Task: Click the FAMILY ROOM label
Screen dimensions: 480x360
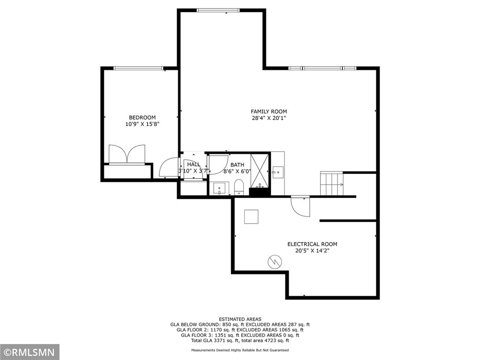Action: (x=269, y=112)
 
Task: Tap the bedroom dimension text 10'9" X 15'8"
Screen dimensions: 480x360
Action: (x=142, y=124)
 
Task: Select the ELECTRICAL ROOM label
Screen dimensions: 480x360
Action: (x=312, y=244)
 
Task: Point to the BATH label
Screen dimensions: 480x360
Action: (x=237, y=165)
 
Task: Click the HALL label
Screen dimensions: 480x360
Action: (x=194, y=165)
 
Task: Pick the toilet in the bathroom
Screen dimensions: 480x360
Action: (x=239, y=187)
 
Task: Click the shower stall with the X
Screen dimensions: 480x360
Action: (x=260, y=171)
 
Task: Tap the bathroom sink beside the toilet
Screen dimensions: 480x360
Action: (x=219, y=188)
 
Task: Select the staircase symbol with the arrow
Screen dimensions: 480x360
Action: (x=332, y=184)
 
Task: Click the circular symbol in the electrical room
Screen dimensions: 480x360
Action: (x=275, y=262)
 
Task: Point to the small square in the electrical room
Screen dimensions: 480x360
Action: (x=251, y=217)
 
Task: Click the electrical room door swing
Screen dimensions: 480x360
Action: (x=300, y=207)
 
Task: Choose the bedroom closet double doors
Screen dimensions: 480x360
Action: (x=127, y=154)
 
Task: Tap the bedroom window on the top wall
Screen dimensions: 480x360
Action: (x=138, y=68)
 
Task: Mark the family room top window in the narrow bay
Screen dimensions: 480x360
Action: (x=218, y=10)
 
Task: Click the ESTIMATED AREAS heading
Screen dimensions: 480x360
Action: (x=240, y=319)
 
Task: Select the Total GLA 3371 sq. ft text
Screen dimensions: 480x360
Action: (x=216, y=340)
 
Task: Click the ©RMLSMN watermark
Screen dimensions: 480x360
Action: (x=29, y=352)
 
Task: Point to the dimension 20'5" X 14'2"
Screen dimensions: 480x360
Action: (x=312, y=251)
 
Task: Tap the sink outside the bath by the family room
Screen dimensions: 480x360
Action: (x=278, y=172)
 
